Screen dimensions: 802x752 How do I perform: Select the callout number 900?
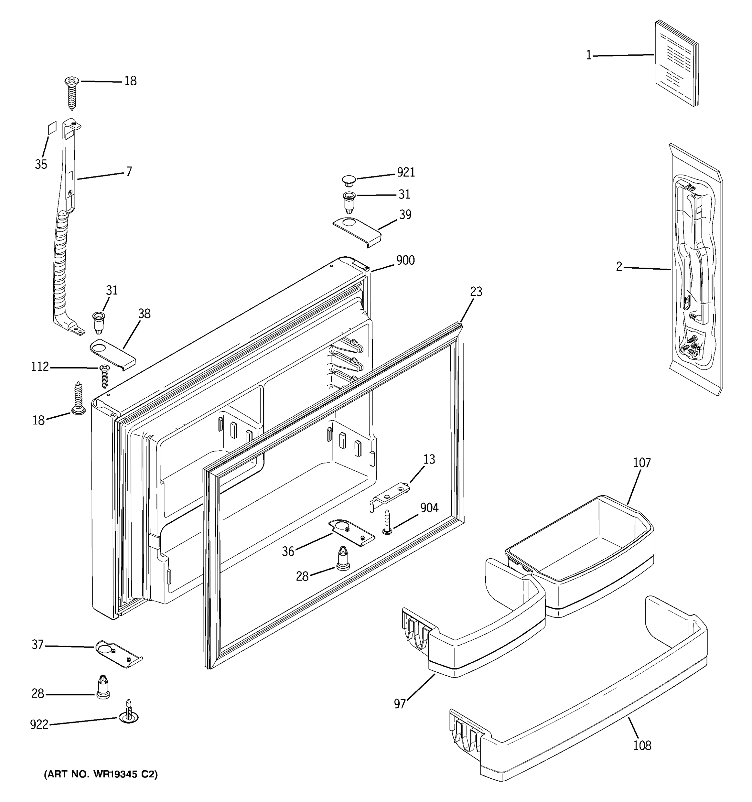click(x=405, y=261)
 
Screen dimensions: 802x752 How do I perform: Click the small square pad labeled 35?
click(x=51, y=129)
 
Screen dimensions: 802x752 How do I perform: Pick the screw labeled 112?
click(x=104, y=375)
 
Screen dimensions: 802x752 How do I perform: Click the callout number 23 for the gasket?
click(x=476, y=292)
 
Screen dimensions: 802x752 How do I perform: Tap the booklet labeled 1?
click(x=676, y=63)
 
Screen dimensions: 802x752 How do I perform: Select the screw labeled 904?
click(x=387, y=522)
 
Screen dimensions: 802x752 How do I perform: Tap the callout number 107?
click(x=641, y=463)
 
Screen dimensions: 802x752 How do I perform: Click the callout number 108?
click(x=642, y=746)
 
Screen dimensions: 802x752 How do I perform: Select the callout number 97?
click(x=399, y=704)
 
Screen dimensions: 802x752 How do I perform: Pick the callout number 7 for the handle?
click(x=129, y=172)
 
